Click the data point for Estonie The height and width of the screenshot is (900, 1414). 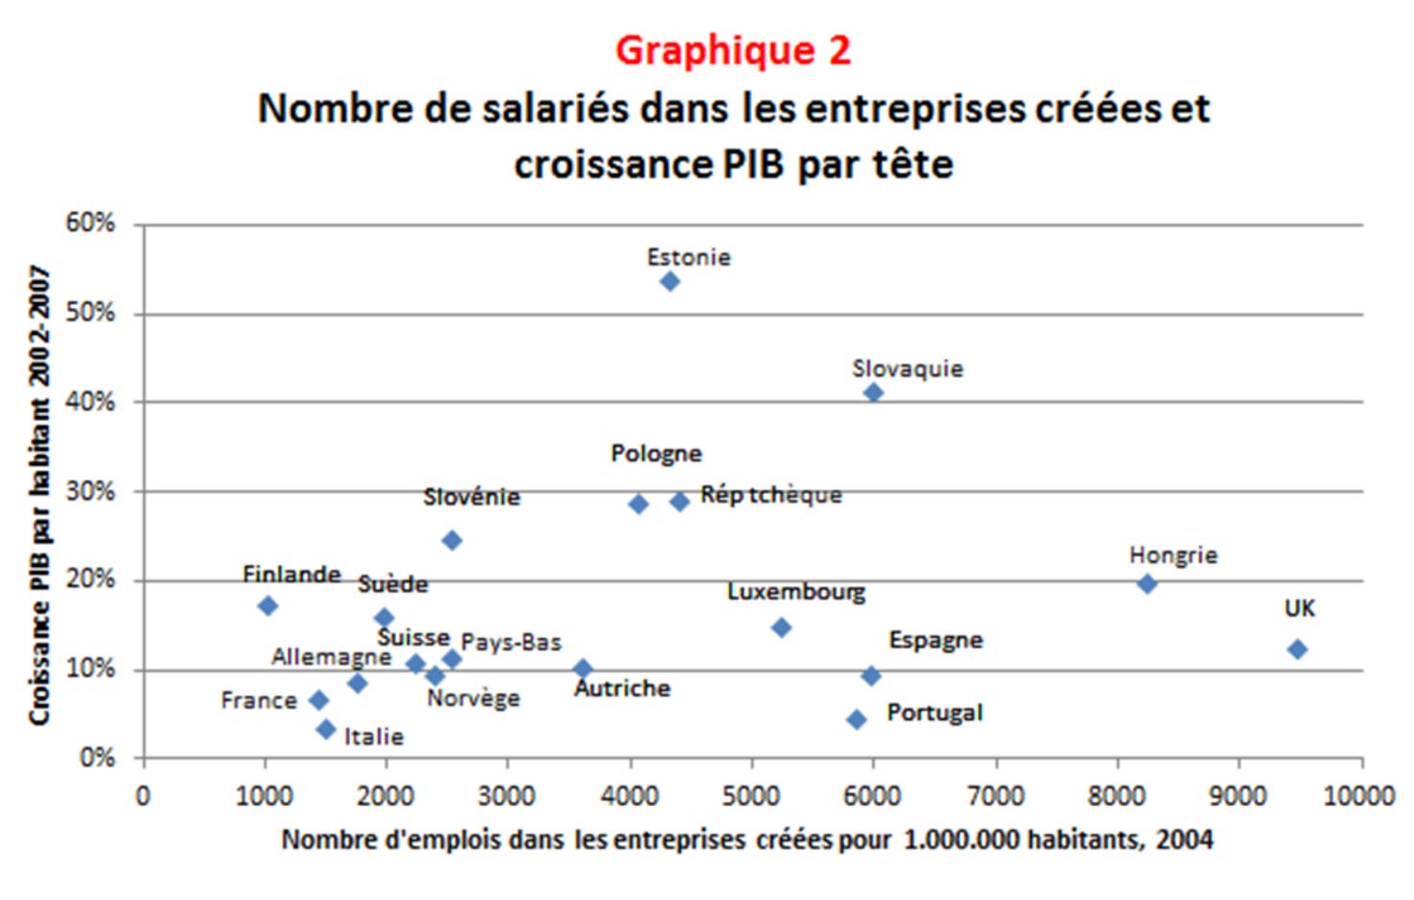(670, 281)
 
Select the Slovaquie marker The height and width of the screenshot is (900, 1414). (873, 392)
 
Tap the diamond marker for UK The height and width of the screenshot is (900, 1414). (1297, 650)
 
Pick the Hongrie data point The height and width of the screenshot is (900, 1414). (1146, 583)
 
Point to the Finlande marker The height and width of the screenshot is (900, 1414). (268, 605)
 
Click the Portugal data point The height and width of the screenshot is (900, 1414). (857, 720)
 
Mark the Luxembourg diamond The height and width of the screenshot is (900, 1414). (781, 628)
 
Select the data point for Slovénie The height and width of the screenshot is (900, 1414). (452, 540)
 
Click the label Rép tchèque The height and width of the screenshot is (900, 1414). (770, 495)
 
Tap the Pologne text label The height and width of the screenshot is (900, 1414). (656, 453)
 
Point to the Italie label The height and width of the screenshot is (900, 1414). (373, 737)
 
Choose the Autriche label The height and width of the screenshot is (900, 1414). (622, 689)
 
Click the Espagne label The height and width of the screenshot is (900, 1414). (935, 640)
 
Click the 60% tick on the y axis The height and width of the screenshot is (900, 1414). (90, 223)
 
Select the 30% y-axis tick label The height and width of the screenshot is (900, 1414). (90, 491)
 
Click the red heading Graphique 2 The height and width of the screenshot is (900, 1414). (733, 50)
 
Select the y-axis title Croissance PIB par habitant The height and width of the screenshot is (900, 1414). (39, 495)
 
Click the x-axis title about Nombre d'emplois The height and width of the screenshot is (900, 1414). (746, 841)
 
